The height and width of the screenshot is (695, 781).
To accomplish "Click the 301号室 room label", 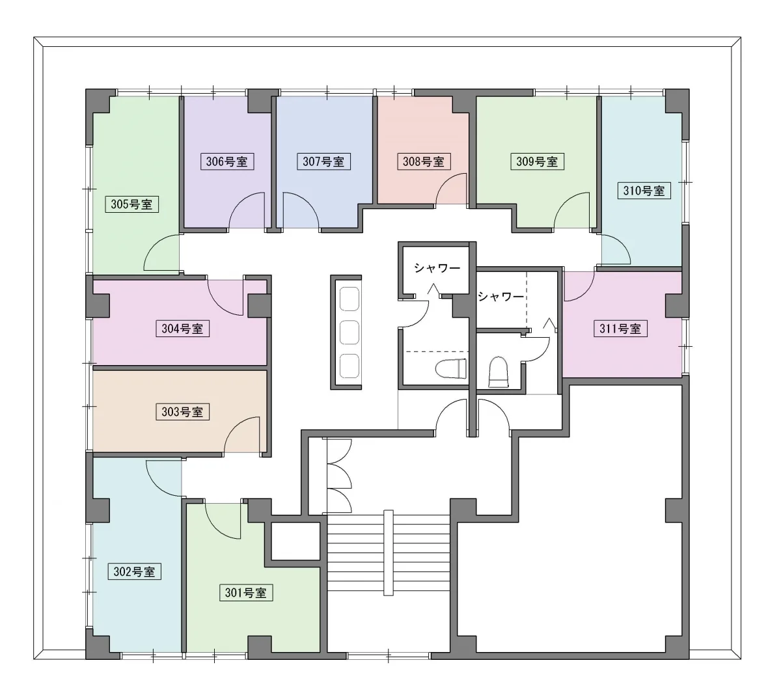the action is (245, 592).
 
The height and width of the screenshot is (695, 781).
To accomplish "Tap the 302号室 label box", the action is (134, 571).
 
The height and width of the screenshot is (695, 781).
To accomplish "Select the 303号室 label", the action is (182, 412).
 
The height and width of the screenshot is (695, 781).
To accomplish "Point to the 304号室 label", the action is (182, 329).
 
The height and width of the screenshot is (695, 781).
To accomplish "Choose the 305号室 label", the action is (132, 204).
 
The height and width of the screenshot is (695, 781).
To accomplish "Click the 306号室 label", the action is (227, 161).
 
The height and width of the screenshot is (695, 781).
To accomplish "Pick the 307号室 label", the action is (323, 161).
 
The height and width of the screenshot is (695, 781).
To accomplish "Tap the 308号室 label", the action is (424, 161).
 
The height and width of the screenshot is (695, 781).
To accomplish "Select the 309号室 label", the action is (538, 161).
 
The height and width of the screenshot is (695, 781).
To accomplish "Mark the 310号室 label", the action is (644, 191).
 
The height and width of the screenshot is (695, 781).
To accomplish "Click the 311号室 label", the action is (620, 329).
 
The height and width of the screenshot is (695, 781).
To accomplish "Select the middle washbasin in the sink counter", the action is (349, 332).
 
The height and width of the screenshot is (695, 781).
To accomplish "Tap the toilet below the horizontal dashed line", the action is (451, 368).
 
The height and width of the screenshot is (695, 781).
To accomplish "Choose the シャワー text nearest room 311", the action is (500, 296).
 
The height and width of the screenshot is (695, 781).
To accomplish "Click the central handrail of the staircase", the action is (388, 552).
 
